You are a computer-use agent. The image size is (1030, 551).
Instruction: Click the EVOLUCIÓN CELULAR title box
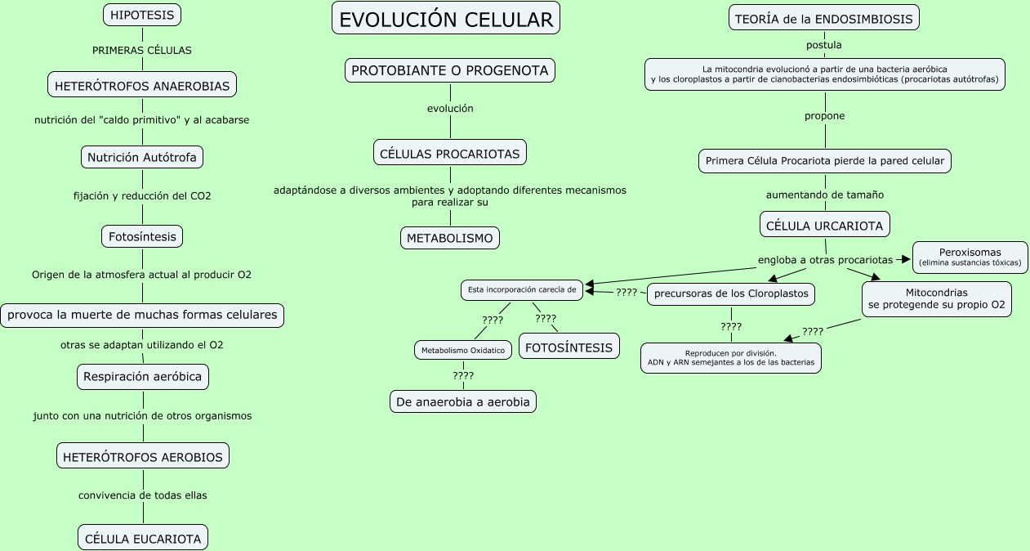(446, 19)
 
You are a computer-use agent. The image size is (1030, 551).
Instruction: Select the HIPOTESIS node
(142, 15)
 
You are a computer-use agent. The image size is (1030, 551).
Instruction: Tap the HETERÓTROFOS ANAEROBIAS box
(142, 84)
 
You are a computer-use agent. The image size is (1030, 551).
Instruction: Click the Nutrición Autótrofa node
(142, 157)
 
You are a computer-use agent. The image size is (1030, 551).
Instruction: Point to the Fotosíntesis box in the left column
(142, 236)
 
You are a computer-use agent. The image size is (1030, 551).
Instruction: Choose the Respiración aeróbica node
(143, 377)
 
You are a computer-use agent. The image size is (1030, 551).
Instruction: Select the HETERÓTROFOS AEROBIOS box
(143, 456)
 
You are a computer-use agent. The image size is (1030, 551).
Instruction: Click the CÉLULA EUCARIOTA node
(143, 538)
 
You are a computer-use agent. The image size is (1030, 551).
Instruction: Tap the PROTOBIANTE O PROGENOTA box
(450, 70)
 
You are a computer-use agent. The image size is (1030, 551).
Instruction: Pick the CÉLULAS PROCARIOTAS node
(450, 153)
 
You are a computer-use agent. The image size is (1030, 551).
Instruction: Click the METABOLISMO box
(450, 238)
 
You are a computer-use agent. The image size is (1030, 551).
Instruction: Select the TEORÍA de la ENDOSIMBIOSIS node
(823, 18)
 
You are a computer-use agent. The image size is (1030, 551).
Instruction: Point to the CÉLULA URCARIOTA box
(824, 224)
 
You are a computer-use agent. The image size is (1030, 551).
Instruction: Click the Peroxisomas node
(970, 257)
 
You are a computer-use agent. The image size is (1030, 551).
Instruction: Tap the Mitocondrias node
(936, 299)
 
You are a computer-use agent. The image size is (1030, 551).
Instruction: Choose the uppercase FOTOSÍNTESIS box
(569, 347)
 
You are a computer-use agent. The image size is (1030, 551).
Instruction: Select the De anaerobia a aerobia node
(463, 401)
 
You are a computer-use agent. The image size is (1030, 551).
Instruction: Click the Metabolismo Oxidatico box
(463, 350)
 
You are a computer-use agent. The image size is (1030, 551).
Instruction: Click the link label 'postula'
(823, 45)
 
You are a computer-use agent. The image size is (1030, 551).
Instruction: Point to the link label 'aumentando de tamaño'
(824, 195)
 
